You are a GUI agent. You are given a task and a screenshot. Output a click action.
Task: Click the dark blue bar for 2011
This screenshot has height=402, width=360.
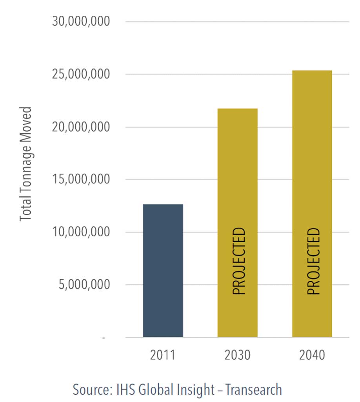[x=163, y=270]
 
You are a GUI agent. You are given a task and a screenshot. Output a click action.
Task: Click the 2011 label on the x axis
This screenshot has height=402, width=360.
[x=162, y=355]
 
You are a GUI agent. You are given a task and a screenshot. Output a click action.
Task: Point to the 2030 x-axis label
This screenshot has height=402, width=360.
[x=237, y=355]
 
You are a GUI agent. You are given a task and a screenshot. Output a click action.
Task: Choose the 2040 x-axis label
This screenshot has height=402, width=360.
[x=312, y=355]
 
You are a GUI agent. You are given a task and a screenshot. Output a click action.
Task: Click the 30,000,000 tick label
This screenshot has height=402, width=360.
[x=81, y=21]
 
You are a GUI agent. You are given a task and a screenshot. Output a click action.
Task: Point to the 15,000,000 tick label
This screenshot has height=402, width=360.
[x=81, y=179]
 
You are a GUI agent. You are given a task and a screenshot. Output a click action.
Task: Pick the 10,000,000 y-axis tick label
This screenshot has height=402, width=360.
[x=81, y=232]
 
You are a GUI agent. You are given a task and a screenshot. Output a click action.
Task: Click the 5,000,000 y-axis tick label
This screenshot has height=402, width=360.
[x=84, y=285]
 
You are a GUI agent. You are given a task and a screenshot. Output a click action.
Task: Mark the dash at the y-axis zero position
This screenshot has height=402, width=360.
[x=104, y=338]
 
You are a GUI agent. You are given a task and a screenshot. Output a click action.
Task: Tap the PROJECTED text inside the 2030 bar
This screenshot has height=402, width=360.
[x=239, y=261]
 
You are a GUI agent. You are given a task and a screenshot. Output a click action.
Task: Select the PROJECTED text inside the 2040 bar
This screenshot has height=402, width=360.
[x=313, y=261]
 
